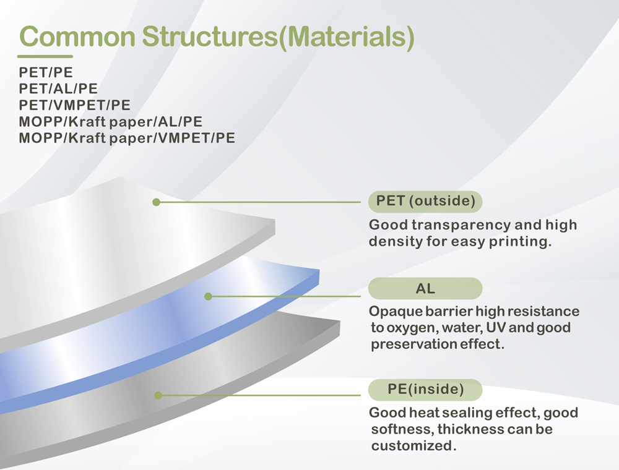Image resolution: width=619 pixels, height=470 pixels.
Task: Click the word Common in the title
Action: [x=77, y=36]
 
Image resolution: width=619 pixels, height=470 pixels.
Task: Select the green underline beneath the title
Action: [x=45, y=56]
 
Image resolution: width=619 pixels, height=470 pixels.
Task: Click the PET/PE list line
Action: [x=46, y=72]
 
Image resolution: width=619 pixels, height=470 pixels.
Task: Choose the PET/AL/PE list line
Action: [x=58, y=88]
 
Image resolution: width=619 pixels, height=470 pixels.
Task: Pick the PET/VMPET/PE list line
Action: [x=75, y=105]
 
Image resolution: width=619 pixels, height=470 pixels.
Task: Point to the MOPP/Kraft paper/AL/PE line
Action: [x=111, y=122]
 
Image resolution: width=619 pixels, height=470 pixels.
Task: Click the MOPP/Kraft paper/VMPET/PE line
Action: [x=127, y=139]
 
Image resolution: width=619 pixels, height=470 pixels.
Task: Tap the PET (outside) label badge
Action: [x=425, y=202]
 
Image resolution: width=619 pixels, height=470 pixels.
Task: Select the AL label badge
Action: [x=425, y=289]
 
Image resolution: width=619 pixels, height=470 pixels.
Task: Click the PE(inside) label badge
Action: [x=425, y=390]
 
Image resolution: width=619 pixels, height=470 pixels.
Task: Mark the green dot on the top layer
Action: [x=157, y=202]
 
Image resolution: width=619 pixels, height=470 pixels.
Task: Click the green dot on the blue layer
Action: [x=209, y=296]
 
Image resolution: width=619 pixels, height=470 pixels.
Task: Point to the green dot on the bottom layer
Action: [x=158, y=395]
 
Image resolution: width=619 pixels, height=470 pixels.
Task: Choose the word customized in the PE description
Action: [x=413, y=446]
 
